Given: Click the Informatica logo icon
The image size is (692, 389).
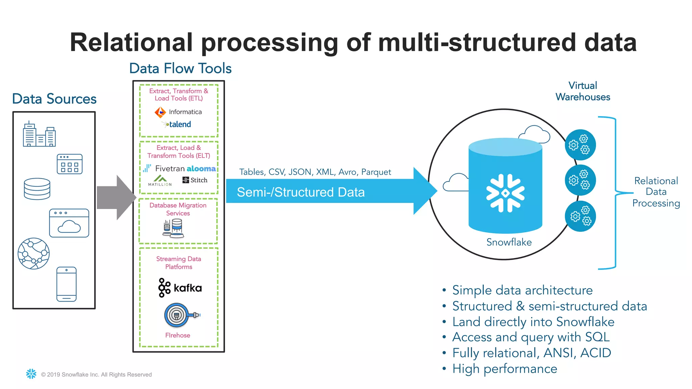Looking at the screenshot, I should point(160,112).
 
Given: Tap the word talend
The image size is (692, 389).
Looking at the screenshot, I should point(180,124).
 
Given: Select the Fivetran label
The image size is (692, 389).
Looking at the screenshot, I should point(170,168).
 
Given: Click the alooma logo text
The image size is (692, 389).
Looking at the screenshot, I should point(201,168).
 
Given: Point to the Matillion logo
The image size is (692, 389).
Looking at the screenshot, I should point(160,181).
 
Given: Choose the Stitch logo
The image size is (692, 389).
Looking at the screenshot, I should point(195,180).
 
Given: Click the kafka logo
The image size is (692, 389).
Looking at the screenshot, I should point(180,288).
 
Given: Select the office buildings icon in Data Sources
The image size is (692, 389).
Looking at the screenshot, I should point(39,134).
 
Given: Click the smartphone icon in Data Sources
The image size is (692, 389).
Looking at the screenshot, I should point(67,284).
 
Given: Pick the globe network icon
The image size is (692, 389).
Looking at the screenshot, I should point(33,253).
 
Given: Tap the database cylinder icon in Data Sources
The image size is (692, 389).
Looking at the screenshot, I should point(37,189).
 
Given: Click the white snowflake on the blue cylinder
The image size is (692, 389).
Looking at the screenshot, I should point(505,193).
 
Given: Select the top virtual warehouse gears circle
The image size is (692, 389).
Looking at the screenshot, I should point(580,145).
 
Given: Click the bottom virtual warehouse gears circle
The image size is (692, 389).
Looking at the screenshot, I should point(580,216).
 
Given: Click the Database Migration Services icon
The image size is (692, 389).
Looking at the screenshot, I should point(173,228).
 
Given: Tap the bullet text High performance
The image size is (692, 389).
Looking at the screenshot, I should point(504,369).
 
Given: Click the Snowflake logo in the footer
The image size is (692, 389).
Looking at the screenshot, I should point(31,374).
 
